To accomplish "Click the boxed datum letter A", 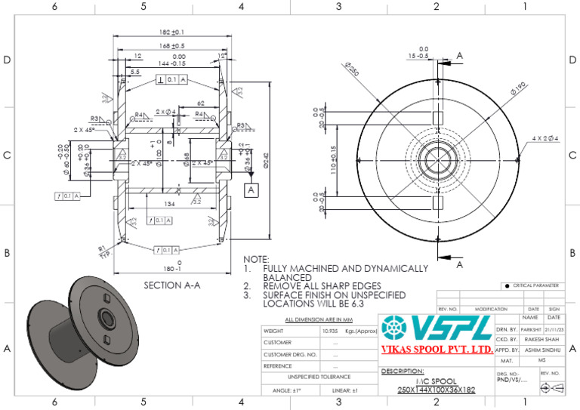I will (x=250, y=192).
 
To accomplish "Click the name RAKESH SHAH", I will (x=540, y=340).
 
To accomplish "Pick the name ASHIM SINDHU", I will (x=540, y=350).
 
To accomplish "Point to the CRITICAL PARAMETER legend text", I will (x=535, y=285).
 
